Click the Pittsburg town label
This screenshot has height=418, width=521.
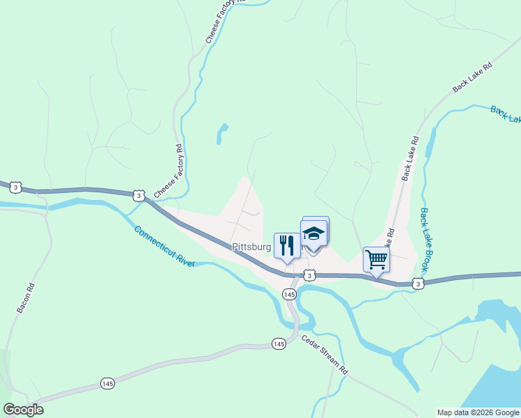tap(251, 247)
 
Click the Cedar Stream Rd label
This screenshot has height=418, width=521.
tap(325, 355)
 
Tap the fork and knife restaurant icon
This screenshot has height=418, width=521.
tap(287, 245)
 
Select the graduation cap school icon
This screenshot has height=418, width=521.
tap(313, 233)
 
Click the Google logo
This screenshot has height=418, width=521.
tap(23, 410)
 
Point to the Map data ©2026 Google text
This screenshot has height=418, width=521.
tap(477, 412)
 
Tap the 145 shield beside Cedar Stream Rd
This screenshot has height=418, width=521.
tap(279, 343)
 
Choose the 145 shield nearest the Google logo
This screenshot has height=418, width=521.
tap(107, 384)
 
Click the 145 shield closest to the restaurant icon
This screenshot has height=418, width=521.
tap(289, 295)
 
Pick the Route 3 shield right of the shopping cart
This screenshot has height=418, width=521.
tap(417, 284)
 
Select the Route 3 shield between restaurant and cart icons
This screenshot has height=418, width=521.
tap(310, 276)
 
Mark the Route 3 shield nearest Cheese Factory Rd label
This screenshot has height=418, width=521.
tap(139, 196)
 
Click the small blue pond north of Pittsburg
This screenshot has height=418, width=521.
tap(222, 133)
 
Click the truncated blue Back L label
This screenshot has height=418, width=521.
tap(505, 114)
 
